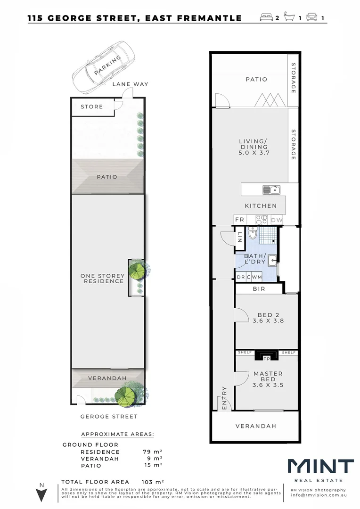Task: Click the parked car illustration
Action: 103,66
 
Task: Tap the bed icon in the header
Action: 266,18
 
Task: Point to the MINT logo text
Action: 320,467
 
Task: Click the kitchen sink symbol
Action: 271,190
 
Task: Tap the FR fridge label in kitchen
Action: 240,220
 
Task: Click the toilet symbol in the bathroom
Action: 253,234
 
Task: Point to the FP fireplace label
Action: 266,358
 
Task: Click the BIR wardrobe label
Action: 259,289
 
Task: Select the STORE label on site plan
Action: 92,107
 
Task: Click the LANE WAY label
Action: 130,84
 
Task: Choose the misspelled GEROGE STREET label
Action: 109,417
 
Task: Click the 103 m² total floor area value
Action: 153,482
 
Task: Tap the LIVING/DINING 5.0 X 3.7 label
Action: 254,147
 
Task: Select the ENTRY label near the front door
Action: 224,398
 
